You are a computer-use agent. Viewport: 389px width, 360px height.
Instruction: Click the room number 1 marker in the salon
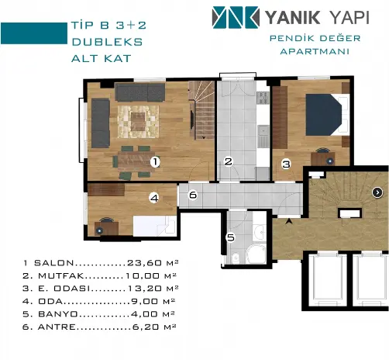pos(155,162)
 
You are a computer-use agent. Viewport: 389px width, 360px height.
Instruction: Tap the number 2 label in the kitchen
pos(229,162)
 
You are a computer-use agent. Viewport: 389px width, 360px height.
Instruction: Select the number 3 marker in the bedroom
pos(286,164)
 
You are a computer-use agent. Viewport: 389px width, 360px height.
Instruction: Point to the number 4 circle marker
pos(154,199)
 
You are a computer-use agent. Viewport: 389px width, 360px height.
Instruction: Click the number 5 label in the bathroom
pos(231,237)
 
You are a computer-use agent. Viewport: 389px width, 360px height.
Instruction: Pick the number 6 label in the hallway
pos(193,195)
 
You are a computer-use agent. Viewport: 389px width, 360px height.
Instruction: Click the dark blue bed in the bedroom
pos(324,115)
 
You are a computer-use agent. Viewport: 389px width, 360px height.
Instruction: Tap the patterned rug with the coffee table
pos(138,122)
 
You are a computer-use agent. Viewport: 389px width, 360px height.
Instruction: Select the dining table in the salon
pos(133,162)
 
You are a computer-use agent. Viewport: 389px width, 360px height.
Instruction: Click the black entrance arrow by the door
pos(289,221)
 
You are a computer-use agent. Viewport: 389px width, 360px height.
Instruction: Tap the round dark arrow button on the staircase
pos(377,192)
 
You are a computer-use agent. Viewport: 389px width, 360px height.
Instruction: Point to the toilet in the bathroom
pos(236,258)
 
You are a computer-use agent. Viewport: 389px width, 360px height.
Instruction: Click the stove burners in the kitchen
pos(263,98)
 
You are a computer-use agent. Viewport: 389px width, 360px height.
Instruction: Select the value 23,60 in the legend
pos(144,263)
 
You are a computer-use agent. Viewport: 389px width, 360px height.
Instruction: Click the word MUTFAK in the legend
pos(61,275)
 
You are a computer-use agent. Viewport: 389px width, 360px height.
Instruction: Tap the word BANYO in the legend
pos(58,314)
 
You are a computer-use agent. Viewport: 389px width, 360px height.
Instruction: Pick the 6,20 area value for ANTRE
pos(146,327)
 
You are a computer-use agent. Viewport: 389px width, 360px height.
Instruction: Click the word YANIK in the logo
pos(293,18)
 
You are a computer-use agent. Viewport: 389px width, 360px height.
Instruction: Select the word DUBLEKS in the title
pos(107,42)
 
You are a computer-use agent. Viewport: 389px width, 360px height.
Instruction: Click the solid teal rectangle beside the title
pos(34,33)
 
